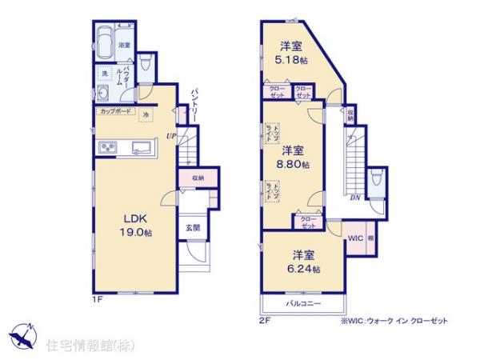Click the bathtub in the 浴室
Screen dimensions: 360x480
point(105,41)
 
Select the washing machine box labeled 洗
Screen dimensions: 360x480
point(104,74)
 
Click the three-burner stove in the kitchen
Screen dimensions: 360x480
point(108,147)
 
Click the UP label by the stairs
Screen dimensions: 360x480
point(170,137)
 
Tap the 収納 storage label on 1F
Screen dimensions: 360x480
point(197,178)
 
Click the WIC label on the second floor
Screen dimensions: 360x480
point(355,238)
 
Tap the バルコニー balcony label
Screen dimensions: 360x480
point(302,305)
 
